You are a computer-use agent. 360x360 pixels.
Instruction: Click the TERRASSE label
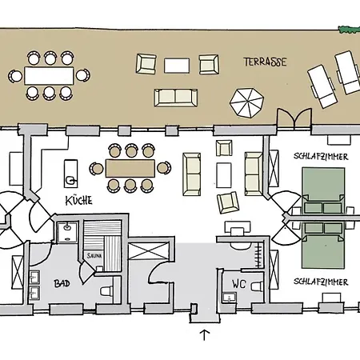[x=265, y=62]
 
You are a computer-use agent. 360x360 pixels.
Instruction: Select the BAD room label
[x=62, y=283]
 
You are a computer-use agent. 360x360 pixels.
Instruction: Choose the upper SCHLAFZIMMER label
[x=320, y=158]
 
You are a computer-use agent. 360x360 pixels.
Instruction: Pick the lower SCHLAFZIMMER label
[x=320, y=282]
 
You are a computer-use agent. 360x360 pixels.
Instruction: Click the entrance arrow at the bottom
[x=203, y=335]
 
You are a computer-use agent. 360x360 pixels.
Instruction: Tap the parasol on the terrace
[x=246, y=102]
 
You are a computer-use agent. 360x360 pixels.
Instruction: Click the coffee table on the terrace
[x=179, y=64]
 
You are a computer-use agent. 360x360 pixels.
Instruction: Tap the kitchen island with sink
[x=71, y=170]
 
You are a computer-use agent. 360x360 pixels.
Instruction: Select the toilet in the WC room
[x=256, y=286]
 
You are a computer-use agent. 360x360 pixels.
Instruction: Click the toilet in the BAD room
[x=106, y=293]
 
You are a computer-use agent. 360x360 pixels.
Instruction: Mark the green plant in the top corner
[x=349, y=30]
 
